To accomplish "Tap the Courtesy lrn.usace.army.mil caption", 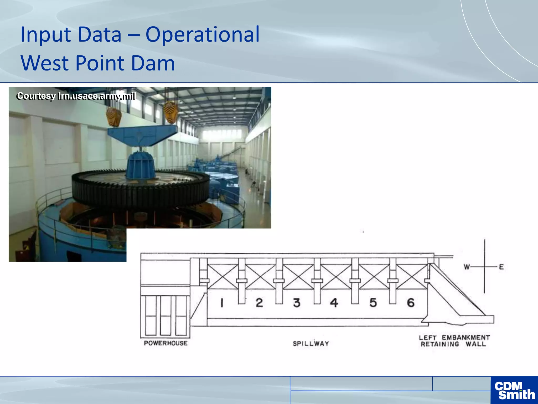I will pyautogui.click(x=76, y=96).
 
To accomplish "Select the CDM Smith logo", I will pyautogui.click(x=514, y=390).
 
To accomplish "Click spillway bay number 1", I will pyautogui.click(x=222, y=303).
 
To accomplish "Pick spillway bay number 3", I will pyautogui.click(x=297, y=303).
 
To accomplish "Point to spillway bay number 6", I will pyautogui.click(x=411, y=303).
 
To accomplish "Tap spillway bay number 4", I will pyautogui.click(x=334, y=303).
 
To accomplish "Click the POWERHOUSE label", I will pyautogui.click(x=166, y=343).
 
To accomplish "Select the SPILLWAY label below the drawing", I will pyautogui.click(x=311, y=344).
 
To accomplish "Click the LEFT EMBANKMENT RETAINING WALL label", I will pyautogui.click(x=454, y=341).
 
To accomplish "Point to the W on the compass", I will pyautogui.click(x=467, y=267).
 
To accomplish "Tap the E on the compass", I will pyautogui.click(x=501, y=267).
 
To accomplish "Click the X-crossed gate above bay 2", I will pyautogui.click(x=261, y=276).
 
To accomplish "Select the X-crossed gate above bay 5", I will pyautogui.click(x=374, y=276).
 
